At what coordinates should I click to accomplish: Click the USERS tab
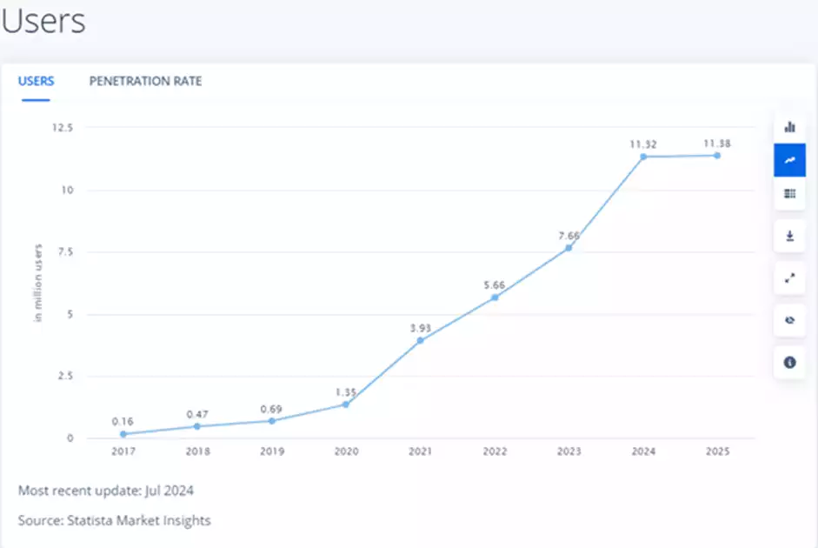pos(37,81)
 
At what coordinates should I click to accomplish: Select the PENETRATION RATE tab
pos(145,81)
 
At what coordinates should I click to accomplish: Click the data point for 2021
pos(420,340)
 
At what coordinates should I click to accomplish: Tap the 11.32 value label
pos(643,144)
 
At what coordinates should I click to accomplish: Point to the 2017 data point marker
pos(123,433)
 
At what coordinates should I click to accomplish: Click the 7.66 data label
pos(569,236)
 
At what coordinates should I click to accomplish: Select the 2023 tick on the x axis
pos(569,452)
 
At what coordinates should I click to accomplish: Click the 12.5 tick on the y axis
pos(63,127)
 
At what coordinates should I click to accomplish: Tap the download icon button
pos(789,236)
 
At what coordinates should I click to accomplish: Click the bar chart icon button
pos(789,127)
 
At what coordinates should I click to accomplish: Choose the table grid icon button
pos(789,193)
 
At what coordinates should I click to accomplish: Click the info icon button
pos(789,362)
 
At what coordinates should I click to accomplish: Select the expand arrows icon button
pos(789,278)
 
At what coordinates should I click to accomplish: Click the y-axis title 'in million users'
pos(39,284)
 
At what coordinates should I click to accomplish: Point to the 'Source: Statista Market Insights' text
pos(114,520)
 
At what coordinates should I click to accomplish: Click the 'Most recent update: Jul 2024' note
pos(106,491)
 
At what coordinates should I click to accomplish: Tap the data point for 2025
pos(717,156)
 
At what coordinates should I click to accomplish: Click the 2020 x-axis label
pos(345,452)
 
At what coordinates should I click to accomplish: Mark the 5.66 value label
pos(495,284)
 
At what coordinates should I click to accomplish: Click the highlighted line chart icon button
pos(789,160)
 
